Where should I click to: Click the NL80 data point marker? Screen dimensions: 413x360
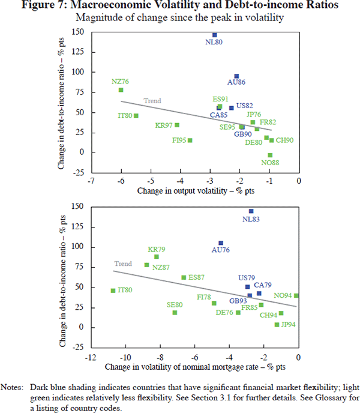(214, 35)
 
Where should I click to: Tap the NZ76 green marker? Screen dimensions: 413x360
(121, 90)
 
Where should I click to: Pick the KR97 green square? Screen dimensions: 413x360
(177, 125)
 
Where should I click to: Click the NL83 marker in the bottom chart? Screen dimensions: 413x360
(251, 211)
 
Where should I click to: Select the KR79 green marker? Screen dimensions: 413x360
(157, 257)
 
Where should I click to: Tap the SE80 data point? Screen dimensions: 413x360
(175, 313)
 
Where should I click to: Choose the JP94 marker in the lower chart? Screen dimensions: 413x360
(277, 325)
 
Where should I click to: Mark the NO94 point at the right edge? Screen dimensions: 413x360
(296, 295)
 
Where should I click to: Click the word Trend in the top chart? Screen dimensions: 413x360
(152, 101)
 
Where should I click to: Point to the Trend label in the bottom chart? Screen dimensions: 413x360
(123, 264)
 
